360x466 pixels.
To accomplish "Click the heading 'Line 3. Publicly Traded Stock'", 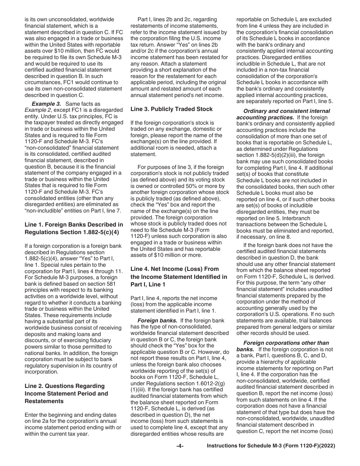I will click(171, 109).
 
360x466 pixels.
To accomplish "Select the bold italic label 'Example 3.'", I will click(45, 104).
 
